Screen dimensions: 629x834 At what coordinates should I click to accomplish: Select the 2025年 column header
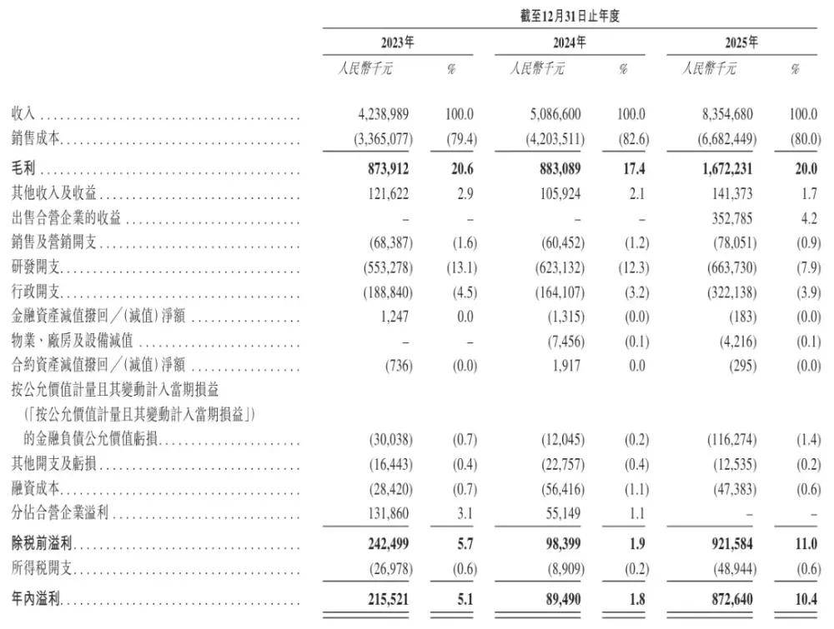point(741,42)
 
